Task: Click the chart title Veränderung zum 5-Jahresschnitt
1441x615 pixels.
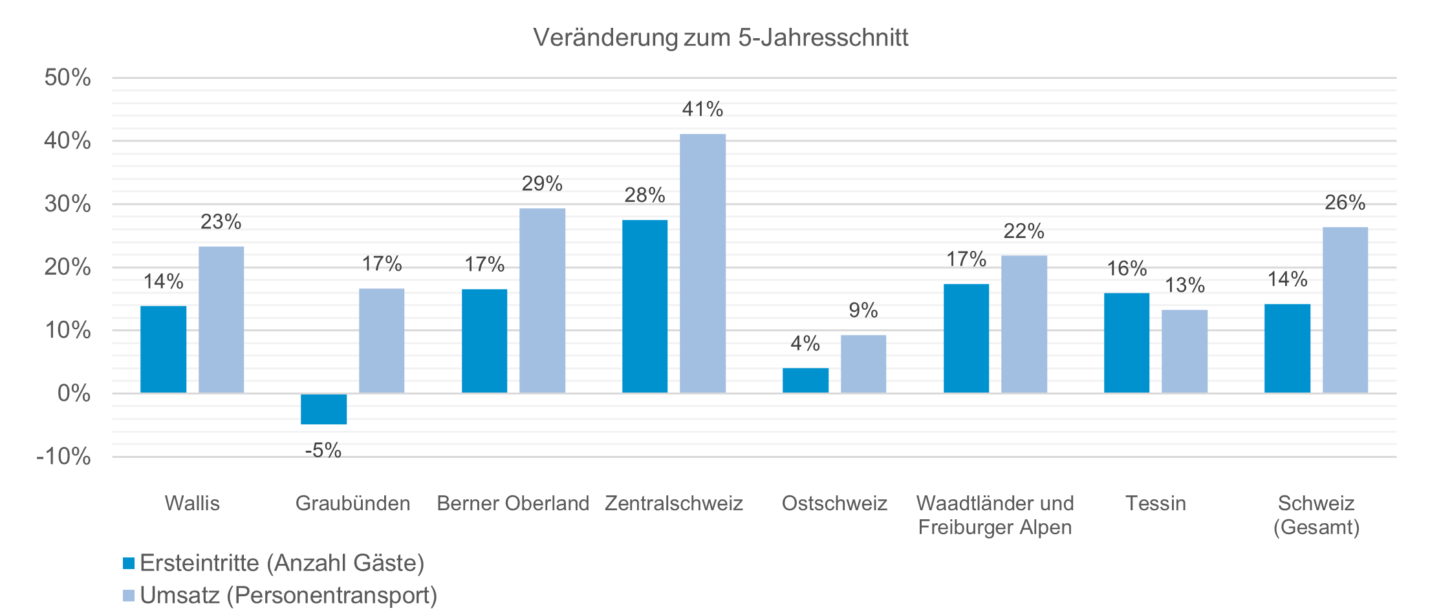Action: tap(720, 38)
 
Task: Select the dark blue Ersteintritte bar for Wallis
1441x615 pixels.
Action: tap(163, 349)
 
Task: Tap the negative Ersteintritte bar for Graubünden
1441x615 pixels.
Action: tap(323, 409)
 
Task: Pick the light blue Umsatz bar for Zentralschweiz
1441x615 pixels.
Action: tap(702, 263)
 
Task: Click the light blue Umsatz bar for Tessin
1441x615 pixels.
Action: tap(1184, 351)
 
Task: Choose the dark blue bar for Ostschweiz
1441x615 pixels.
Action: tap(805, 380)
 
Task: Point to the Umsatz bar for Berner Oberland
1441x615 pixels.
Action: tap(542, 300)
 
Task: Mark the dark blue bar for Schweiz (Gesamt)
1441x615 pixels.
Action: tap(1287, 348)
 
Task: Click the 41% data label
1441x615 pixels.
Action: tap(702, 109)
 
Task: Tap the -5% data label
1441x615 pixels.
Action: tap(323, 450)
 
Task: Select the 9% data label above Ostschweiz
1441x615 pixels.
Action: tap(863, 310)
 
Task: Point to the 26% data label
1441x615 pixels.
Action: tap(1345, 203)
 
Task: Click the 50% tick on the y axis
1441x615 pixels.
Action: tap(67, 78)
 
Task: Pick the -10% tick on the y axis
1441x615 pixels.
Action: tap(64, 457)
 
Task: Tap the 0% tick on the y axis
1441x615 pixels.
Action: tap(74, 393)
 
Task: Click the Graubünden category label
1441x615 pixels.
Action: tap(352, 503)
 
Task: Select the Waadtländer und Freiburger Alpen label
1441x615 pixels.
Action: tap(995, 515)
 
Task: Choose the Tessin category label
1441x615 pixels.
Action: tap(1156, 503)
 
